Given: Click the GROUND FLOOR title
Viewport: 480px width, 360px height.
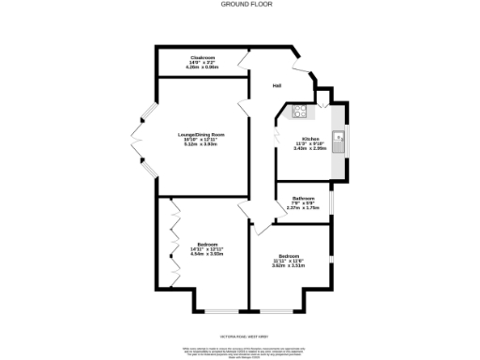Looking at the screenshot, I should (x=239, y=5).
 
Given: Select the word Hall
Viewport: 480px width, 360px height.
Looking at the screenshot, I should (x=277, y=86).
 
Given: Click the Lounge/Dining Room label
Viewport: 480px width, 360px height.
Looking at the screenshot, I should (x=202, y=135).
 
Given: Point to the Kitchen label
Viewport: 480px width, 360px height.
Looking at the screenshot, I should (x=310, y=138).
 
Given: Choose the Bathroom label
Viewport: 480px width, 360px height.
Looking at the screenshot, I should (x=302, y=198).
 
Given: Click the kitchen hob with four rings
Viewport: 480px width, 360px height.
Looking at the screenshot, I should (x=302, y=113).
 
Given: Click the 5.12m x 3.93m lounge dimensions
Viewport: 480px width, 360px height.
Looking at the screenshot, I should (x=202, y=144).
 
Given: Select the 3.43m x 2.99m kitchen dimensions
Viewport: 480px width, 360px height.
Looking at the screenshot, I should (x=310, y=148).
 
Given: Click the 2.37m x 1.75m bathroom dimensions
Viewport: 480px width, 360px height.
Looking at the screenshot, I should (x=302, y=207).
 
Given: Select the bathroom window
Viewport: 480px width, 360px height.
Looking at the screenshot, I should (x=331, y=202).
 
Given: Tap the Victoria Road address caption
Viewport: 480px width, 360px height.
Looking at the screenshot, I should (x=240, y=333).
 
